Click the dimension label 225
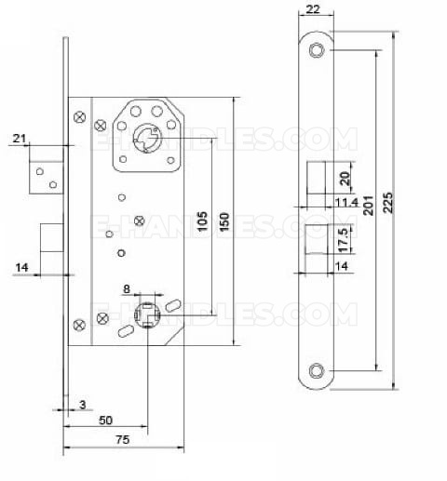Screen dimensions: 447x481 coord(388,203)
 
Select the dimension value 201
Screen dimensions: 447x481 coord(369,206)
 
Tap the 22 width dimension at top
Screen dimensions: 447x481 coord(313,9)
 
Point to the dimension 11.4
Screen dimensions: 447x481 coord(347,203)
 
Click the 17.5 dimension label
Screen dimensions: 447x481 coord(345,241)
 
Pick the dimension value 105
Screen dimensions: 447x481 coord(202,221)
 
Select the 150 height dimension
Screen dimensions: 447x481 coord(224,221)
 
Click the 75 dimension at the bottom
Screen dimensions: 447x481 coord(123,439)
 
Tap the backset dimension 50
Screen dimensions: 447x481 coord(105,421)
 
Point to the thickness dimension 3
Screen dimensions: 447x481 coord(83,405)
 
